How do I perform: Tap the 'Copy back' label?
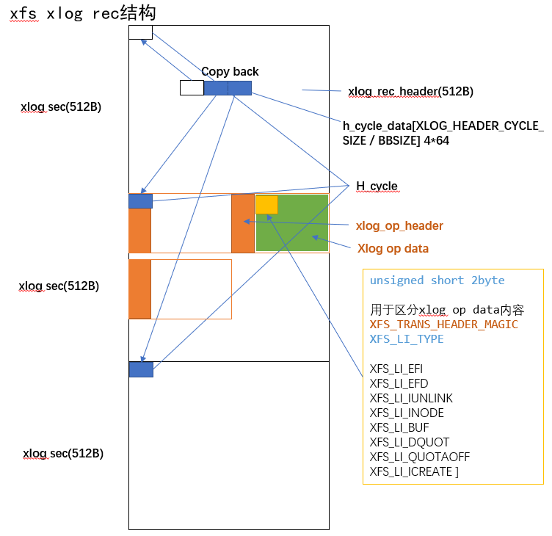[x=230, y=71]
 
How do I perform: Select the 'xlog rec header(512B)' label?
[x=410, y=92]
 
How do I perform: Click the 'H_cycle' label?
[x=377, y=186]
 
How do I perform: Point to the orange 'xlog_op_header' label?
[x=399, y=225]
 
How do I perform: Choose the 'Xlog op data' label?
[x=393, y=248]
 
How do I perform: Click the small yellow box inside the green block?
[x=266, y=205]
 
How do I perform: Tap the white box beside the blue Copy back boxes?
[x=192, y=88]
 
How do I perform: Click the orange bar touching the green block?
[x=242, y=223]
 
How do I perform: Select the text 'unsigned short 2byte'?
[x=437, y=280]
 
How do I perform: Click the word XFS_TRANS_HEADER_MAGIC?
[x=443, y=325]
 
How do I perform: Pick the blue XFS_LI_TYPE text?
[x=407, y=339]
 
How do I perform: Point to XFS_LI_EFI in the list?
[x=396, y=369]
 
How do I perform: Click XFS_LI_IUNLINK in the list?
[x=411, y=398]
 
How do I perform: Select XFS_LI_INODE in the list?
[x=407, y=413]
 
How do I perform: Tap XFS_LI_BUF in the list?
[x=399, y=427]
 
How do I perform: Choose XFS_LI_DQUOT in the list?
[x=408, y=442]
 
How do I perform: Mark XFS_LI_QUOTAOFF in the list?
[x=420, y=457]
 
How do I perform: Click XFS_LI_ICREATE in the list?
[x=413, y=471]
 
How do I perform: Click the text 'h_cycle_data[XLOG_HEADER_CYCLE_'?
[x=443, y=125]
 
